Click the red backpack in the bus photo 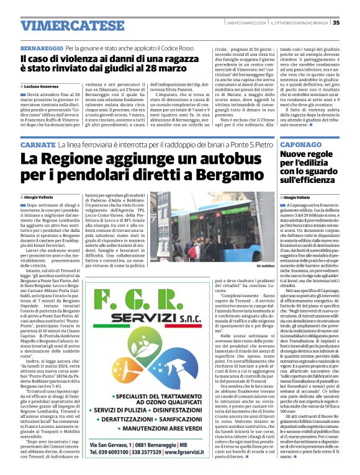199,248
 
